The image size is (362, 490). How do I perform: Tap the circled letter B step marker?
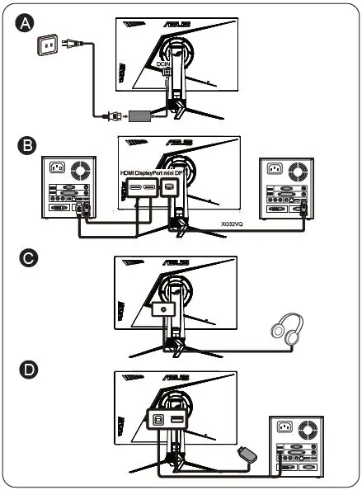[26, 146]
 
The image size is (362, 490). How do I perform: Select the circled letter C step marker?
[26, 257]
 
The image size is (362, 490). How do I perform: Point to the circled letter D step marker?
[26, 370]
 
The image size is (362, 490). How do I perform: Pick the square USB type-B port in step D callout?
[157, 423]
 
